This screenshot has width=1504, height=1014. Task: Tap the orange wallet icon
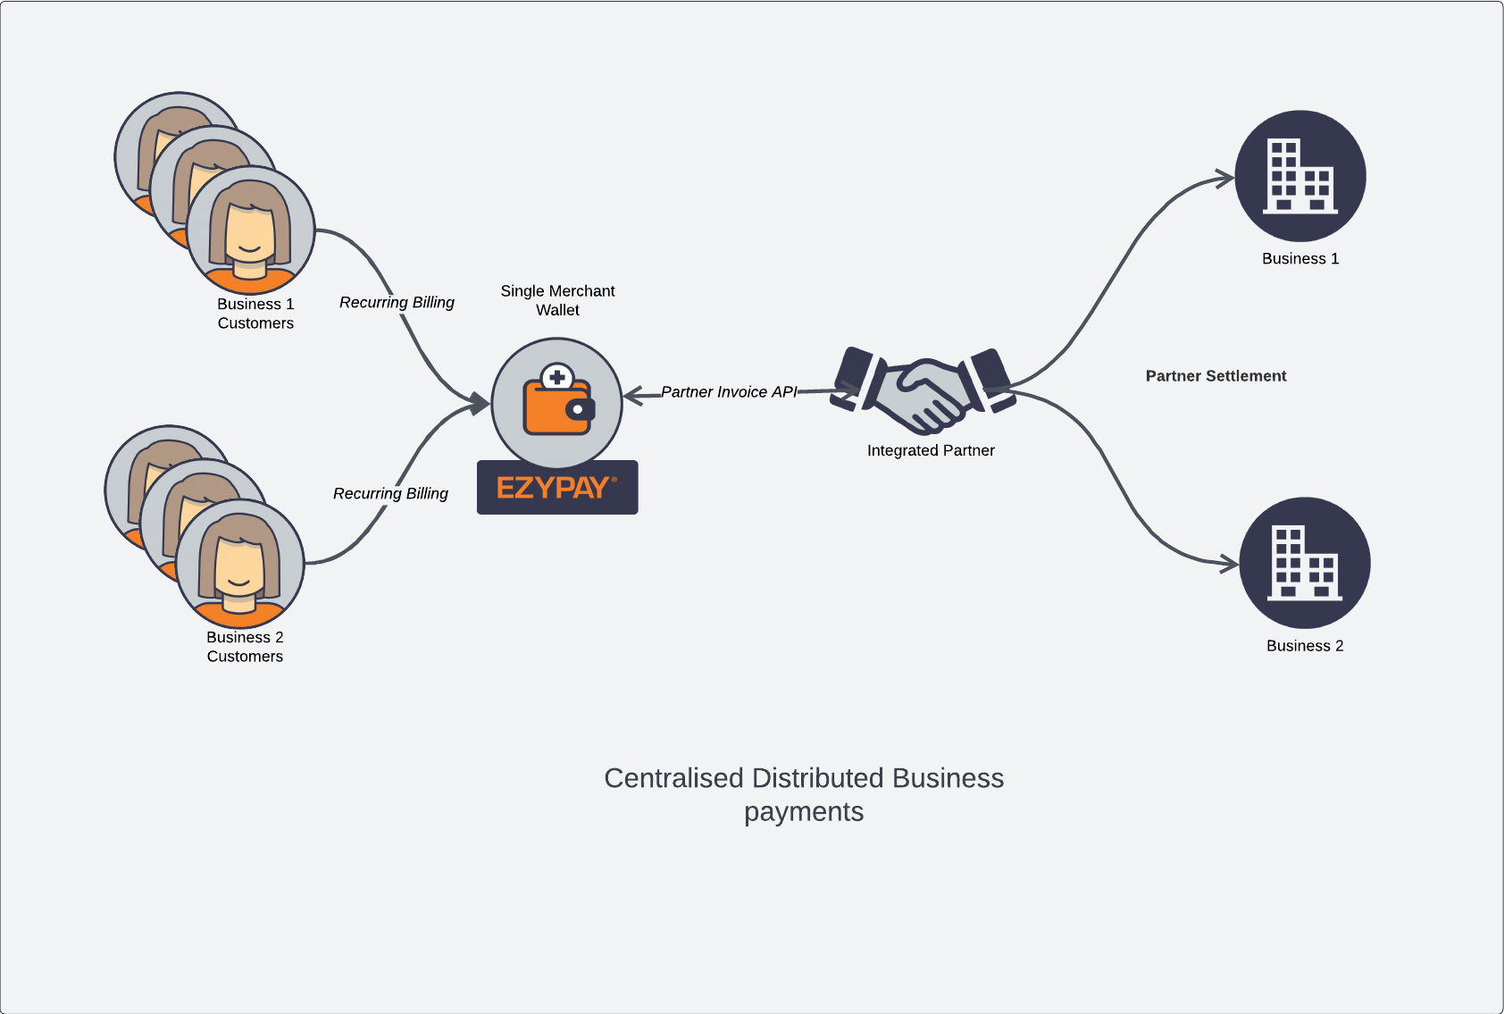[557, 404]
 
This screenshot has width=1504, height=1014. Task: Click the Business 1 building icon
[1299, 176]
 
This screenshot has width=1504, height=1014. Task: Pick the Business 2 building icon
[1304, 563]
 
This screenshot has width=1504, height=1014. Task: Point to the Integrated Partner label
[931, 450]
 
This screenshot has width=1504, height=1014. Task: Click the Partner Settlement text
[1216, 376]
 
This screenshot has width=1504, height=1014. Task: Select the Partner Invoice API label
[729, 392]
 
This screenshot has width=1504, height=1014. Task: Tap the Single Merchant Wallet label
[557, 300]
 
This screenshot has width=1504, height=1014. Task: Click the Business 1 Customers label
[255, 314]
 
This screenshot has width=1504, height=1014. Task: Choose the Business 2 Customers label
[245, 647]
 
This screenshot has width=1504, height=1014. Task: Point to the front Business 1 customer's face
[250, 234]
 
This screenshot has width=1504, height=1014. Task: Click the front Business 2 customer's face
[239, 567]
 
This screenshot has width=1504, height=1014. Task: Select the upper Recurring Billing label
[397, 303]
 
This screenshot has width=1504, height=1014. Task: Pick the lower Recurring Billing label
[390, 494]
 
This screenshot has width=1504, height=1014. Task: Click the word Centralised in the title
[673, 778]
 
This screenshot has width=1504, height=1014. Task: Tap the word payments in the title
[804, 812]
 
